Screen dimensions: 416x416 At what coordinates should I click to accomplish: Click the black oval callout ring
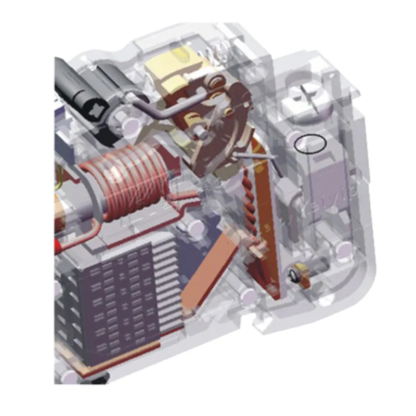(x=310, y=144)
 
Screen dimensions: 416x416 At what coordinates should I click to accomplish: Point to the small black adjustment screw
(x=296, y=275)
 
